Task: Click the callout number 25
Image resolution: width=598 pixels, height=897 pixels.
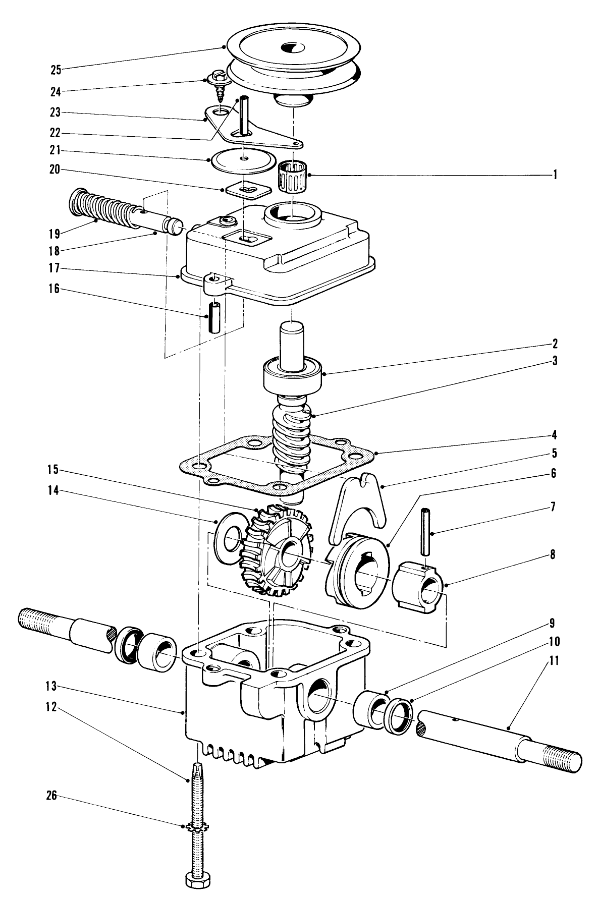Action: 57,70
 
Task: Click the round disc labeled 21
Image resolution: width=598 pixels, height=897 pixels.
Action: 243,160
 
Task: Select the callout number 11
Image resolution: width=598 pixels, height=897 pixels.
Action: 554,661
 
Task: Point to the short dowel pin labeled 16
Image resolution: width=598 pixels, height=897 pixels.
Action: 215,317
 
